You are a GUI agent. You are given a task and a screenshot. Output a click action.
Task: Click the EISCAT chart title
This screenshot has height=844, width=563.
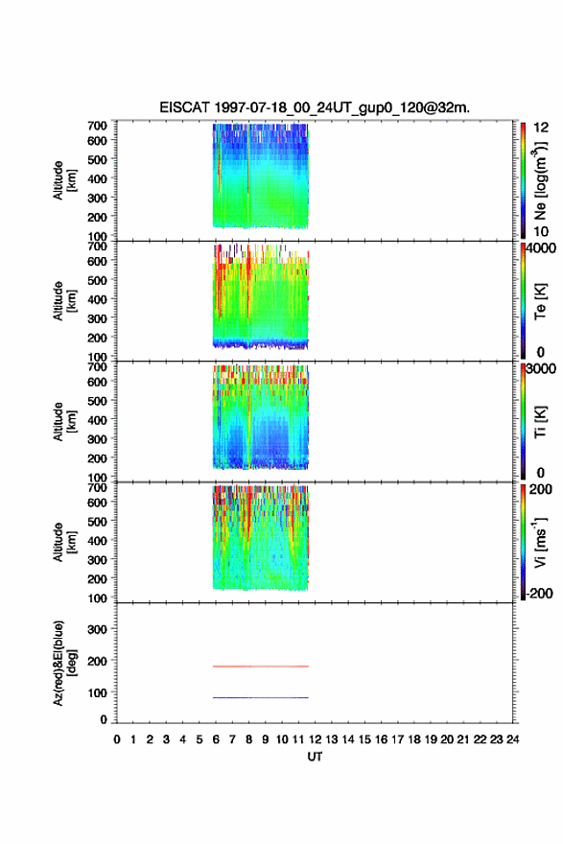tap(315, 107)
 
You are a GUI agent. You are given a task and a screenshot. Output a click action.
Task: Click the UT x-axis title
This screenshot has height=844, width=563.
tap(315, 757)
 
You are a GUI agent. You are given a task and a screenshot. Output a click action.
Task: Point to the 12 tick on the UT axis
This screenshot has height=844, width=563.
tap(315, 739)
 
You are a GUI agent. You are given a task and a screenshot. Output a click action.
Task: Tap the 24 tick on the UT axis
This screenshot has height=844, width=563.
tap(512, 739)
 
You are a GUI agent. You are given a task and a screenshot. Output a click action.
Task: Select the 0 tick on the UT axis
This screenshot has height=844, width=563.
tap(117, 739)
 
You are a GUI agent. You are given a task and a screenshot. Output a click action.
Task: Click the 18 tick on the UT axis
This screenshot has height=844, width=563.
tap(414, 739)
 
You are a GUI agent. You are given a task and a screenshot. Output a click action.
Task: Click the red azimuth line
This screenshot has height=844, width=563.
tap(261, 667)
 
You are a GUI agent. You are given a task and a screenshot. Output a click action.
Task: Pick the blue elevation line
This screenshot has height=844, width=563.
tap(261, 697)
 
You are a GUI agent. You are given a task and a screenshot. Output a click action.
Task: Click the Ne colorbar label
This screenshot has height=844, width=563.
tap(540, 180)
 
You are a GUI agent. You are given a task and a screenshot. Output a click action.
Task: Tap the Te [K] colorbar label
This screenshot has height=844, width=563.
tap(540, 301)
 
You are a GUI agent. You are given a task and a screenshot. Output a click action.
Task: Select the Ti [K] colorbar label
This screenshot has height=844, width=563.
tap(540, 422)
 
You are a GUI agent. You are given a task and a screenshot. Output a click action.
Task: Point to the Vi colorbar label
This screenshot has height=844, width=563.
tap(540, 542)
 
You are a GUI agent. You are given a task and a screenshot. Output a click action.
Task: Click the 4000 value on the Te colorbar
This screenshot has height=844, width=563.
tap(541, 248)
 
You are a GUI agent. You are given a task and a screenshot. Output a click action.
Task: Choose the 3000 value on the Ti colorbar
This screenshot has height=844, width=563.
tap(541, 368)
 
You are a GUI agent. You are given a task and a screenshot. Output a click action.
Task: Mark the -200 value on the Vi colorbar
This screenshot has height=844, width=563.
tap(539, 593)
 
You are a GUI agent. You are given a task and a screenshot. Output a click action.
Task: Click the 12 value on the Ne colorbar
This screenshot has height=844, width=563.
tap(541, 128)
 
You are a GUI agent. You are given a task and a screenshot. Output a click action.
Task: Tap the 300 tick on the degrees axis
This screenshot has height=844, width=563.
tap(97, 629)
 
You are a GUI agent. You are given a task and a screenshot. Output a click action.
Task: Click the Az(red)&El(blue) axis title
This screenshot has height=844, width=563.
tap(64, 663)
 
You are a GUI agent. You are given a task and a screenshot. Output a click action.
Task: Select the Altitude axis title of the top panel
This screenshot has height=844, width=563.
tap(64, 180)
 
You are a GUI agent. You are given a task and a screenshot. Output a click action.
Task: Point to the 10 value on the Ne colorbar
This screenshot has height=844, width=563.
tap(541, 231)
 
